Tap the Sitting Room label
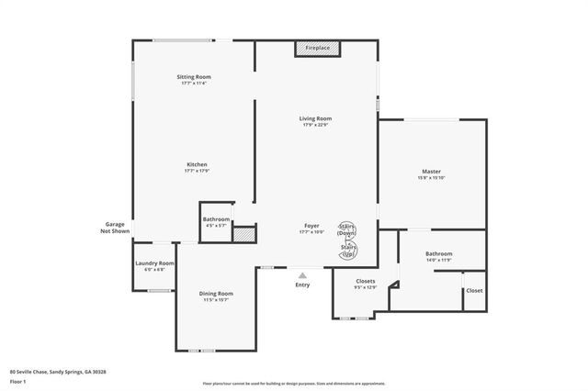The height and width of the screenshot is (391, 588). point(194,79)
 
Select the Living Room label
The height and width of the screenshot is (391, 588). point(315,120)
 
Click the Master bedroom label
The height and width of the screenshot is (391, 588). point(432,174)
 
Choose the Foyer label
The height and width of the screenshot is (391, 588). point(312,228)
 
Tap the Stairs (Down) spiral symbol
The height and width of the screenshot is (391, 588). point(348,229)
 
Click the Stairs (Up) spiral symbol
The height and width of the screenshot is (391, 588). point(349,250)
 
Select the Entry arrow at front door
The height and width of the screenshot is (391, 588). point(302,274)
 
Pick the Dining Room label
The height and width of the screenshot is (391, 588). point(216,296)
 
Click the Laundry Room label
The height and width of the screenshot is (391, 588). point(154,265)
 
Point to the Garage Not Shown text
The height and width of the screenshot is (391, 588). point(114,228)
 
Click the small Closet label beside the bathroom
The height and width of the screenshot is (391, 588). point(474,291)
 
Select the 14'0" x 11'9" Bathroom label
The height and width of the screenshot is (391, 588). point(438,256)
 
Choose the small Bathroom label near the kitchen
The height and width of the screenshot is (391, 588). point(216,221)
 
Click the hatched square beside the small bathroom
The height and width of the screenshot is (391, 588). point(243,235)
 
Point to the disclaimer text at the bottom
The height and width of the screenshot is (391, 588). point(293,384)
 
